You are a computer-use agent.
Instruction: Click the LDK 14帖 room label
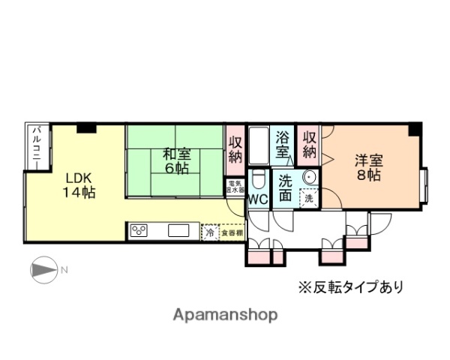point(78,185)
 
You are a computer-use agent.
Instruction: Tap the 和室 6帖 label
point(177,160)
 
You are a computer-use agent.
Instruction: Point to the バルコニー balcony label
point(34,142)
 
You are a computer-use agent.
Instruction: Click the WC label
point(257,199)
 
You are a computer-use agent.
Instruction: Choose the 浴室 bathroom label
point(283,145)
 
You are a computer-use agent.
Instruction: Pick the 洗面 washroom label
point(286,188)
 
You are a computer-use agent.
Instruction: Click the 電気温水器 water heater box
point(235,186)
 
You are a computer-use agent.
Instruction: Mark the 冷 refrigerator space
point(210,233)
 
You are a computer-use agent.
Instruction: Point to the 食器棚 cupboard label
point(231,233)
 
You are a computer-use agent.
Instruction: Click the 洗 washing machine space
point(308,198)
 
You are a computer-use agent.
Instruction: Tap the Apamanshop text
point(226,315)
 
